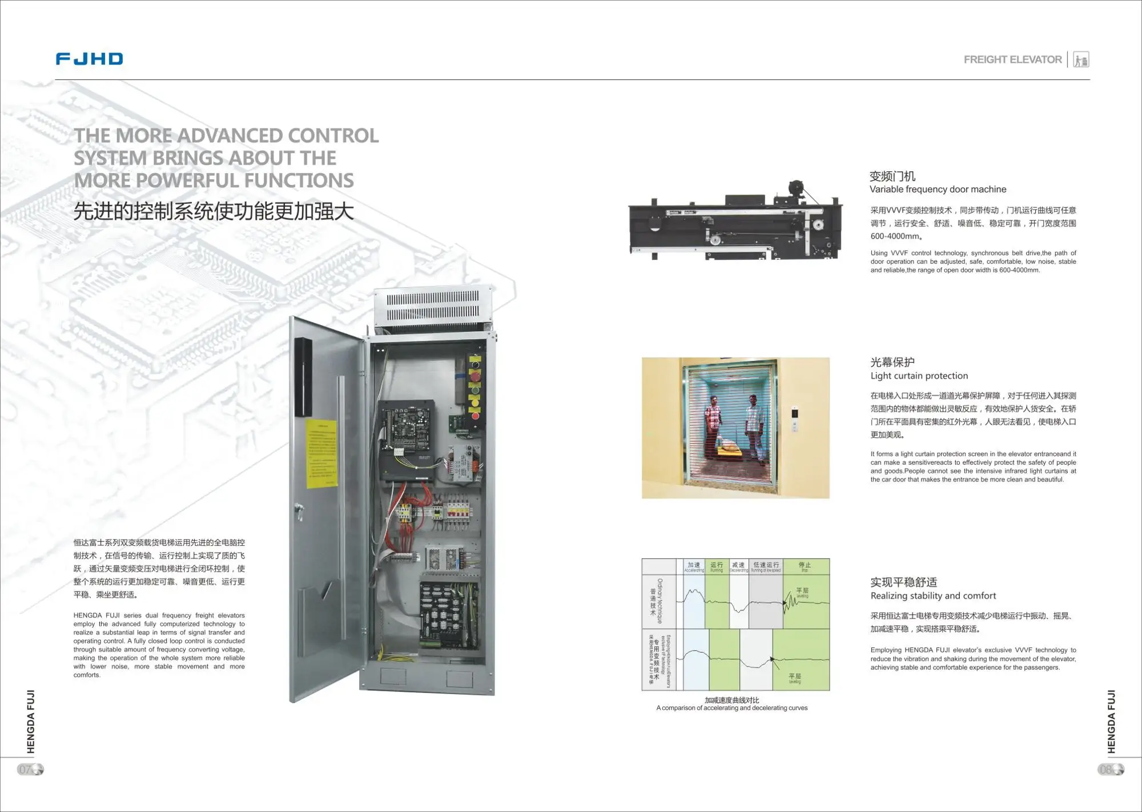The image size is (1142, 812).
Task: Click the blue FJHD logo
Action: (89, 59)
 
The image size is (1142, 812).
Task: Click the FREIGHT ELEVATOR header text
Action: (1012, 59)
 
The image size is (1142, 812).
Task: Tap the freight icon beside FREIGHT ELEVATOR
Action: (1081, 59)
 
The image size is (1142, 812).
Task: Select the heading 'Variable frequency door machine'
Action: (938, 189)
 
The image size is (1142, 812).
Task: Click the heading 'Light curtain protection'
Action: (919, 376)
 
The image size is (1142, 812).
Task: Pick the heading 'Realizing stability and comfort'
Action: (933, 596)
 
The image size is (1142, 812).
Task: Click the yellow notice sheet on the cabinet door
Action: (322, 454)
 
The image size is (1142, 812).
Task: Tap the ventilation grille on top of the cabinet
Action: (433, 307)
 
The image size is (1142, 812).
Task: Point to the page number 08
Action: (1107, 769)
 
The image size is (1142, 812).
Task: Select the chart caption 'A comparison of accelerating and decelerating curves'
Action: (731, 708)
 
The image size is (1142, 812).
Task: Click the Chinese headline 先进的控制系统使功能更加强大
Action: (214, 211)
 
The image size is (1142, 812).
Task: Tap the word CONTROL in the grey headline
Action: (333, 136)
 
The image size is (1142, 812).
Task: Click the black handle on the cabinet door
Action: (303, 377)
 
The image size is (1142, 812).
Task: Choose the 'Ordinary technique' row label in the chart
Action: (660, 601)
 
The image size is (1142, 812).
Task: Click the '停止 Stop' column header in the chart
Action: (805, 566)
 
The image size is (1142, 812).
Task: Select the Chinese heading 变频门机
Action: (892, 176)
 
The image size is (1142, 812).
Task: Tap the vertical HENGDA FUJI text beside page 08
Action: (1111, 722)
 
